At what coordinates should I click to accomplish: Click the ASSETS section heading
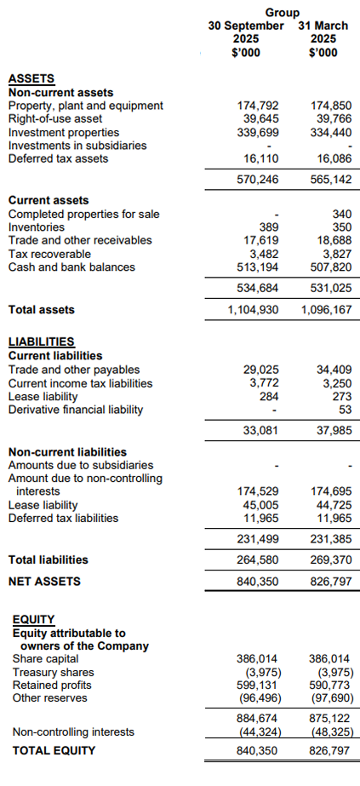[x=31, y=79]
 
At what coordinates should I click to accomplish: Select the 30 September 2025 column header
[x=246, y=38]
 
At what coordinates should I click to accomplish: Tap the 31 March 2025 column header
[x=323, y=38]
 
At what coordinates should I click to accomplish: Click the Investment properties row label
[x=64, y=132]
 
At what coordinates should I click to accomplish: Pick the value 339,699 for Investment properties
[x=257, y=132]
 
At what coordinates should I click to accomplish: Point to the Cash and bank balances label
[x=71, y=267]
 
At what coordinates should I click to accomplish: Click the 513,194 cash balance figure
[x=257, y=267]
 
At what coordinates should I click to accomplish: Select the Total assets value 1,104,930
[x=253, y=310]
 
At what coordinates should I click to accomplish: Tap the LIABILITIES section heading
[x=41, y=342]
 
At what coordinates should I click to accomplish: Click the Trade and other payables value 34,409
[x=332, y=370]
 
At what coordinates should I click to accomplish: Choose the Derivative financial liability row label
[x=76, y=410]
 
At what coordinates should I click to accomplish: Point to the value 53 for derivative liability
[x=342, y=410]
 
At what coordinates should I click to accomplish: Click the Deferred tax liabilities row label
[x=63, y=517]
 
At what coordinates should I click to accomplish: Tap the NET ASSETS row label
[x=44, y=581]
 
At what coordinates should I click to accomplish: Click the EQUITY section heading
[x=34, y=620]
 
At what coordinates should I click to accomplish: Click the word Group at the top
[x=283, y=13]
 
